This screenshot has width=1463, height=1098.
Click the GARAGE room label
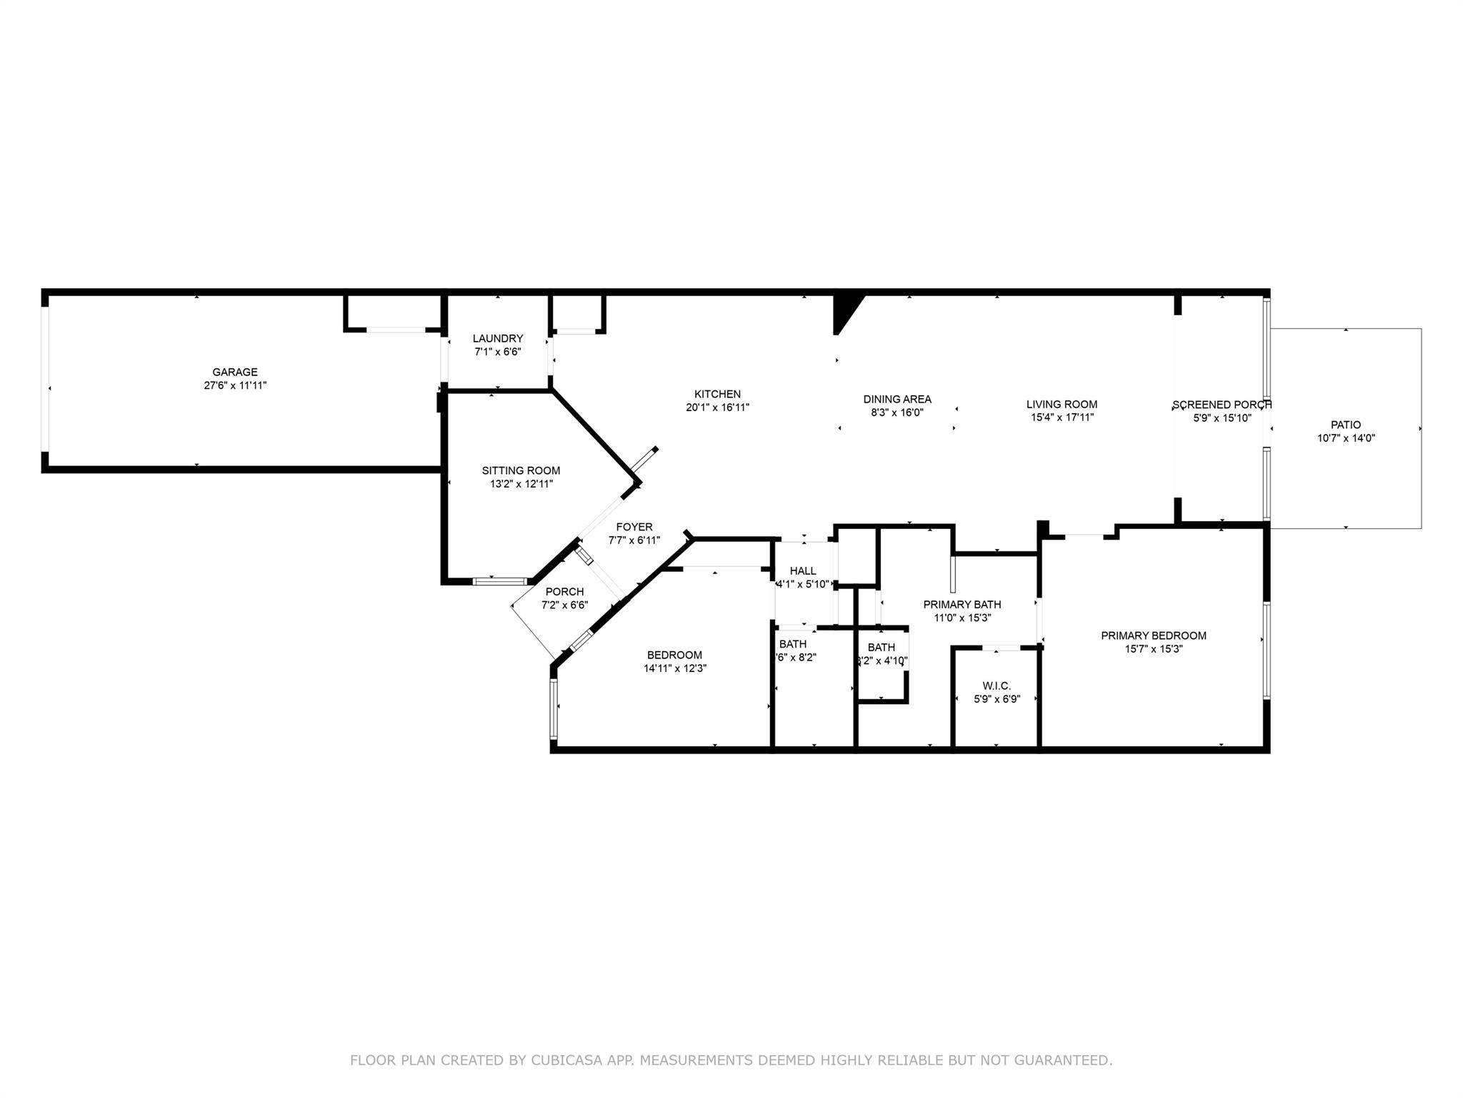click(x=234, y=372)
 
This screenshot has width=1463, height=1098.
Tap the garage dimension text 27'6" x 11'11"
click(x=234, y=385)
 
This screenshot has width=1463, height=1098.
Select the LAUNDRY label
click(x=498, y=338)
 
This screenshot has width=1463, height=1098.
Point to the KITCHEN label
click(x=717, y=394)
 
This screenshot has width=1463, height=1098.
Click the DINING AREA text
click(x=897, y=399)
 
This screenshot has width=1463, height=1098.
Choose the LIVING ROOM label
click(x=1062, y=404)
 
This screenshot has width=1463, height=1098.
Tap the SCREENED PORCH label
click(x=1222, y=405)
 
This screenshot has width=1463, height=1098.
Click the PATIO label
click(x=1346, y=425)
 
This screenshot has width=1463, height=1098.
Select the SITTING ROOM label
click(x=521, y=470)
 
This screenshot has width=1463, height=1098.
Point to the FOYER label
click(x=634, y=528)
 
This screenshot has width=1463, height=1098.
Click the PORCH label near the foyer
click(x=564, y=592)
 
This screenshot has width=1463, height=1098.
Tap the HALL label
click(x=803, y=570)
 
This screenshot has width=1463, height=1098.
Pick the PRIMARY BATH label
click(x=962, y=604)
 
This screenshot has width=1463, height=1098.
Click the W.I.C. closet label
click(x=997, y=686)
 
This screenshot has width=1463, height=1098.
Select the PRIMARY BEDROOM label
click(x=1153, y=635)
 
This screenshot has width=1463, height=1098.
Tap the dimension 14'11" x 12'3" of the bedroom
click(x=675, y=668)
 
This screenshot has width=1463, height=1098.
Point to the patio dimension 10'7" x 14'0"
click(x=1346, y=438)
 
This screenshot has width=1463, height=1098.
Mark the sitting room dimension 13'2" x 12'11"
click(x=521, y=484)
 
